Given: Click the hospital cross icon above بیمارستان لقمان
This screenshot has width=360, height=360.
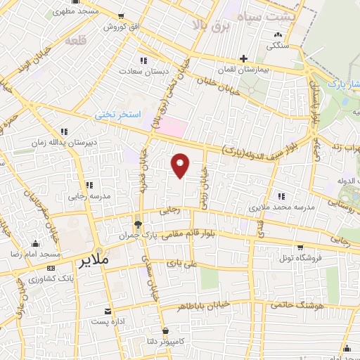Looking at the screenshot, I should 244,59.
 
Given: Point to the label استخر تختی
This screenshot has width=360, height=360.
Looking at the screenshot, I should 119,113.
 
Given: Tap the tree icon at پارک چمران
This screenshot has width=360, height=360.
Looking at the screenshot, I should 138,226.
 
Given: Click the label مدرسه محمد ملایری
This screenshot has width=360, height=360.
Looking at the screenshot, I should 276,208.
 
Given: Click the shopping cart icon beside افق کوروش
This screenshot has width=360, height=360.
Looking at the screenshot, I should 124,17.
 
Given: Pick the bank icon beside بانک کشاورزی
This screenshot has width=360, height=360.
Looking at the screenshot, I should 50,269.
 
